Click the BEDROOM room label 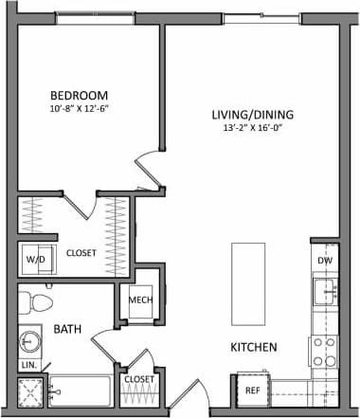click(x=79, y=96)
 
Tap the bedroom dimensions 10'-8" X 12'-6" click(x=79, y=109)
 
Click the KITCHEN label click(x=254, y=348)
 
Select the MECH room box click(x=141, y=301)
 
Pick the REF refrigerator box click(x=253, y=390)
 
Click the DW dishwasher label click(x=325, y=260)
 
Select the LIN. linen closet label click(x=28, y=365)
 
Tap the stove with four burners click(x=325, y=352)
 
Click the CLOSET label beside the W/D click(x=83, y=253)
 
